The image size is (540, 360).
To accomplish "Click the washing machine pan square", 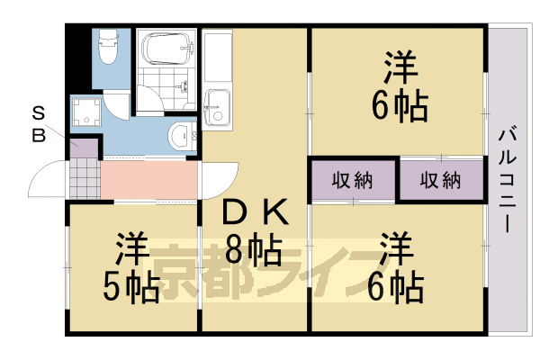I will tap(86, 113).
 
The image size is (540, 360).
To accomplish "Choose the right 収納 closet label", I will tap(440, 179).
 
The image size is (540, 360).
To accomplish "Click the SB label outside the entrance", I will tap(39, 124).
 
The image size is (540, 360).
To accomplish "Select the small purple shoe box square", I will tap(77, 144).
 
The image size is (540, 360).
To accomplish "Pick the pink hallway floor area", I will tap(148, 180).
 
